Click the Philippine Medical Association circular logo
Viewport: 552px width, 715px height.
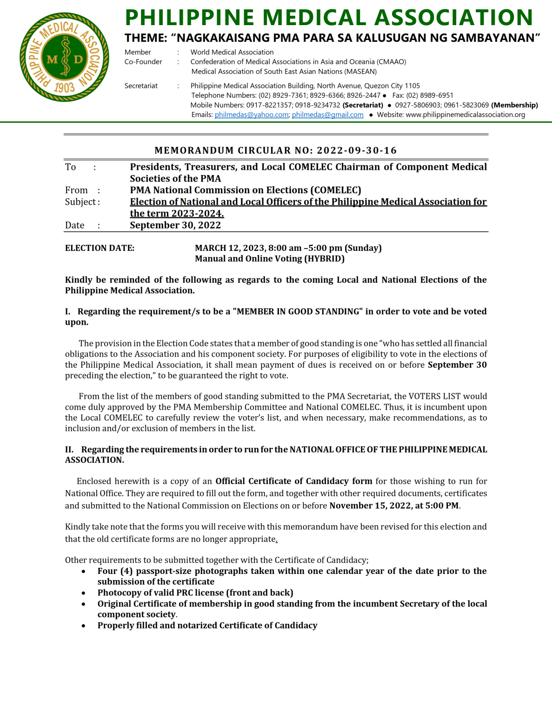[64, 57]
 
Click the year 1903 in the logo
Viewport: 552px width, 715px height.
[64, 88]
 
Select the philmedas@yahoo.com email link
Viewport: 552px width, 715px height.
[251, 115]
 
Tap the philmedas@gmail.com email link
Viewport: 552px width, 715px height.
[327, 115]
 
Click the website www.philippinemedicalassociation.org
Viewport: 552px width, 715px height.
[465, 115]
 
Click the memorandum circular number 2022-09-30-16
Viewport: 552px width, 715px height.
[357, 150]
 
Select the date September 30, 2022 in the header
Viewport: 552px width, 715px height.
[175, 225]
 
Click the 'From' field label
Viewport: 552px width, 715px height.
[76, 190]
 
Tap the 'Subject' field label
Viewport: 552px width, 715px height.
[80, 202]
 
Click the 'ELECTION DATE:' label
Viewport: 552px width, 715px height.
[100, 248]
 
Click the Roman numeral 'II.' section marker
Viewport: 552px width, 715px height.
[69, 450]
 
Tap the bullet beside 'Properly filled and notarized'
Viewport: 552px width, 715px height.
[84, 626]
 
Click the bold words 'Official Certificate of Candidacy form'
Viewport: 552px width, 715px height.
[293, 481]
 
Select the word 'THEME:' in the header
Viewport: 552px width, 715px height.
[146, 38]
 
